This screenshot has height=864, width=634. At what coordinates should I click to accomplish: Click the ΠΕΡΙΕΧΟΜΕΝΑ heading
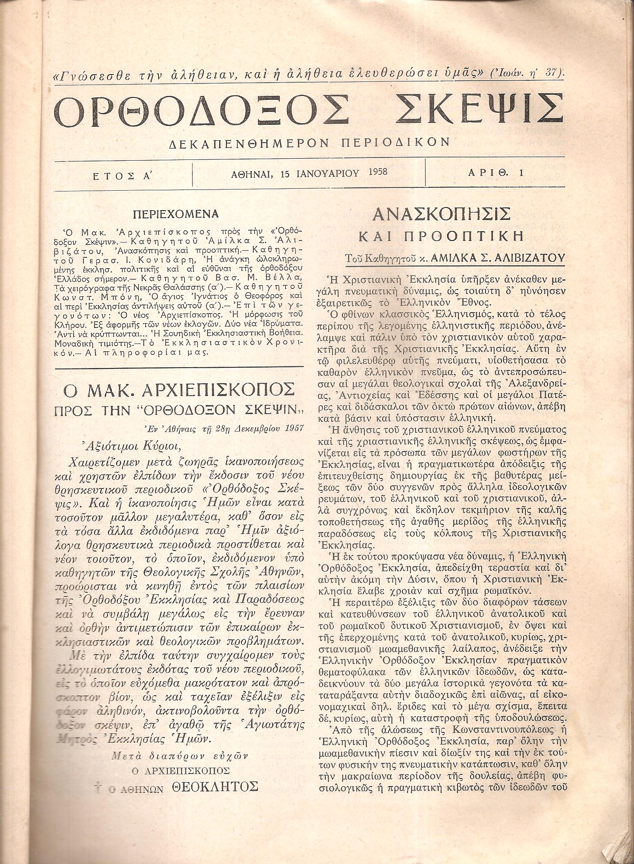point(176,214)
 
